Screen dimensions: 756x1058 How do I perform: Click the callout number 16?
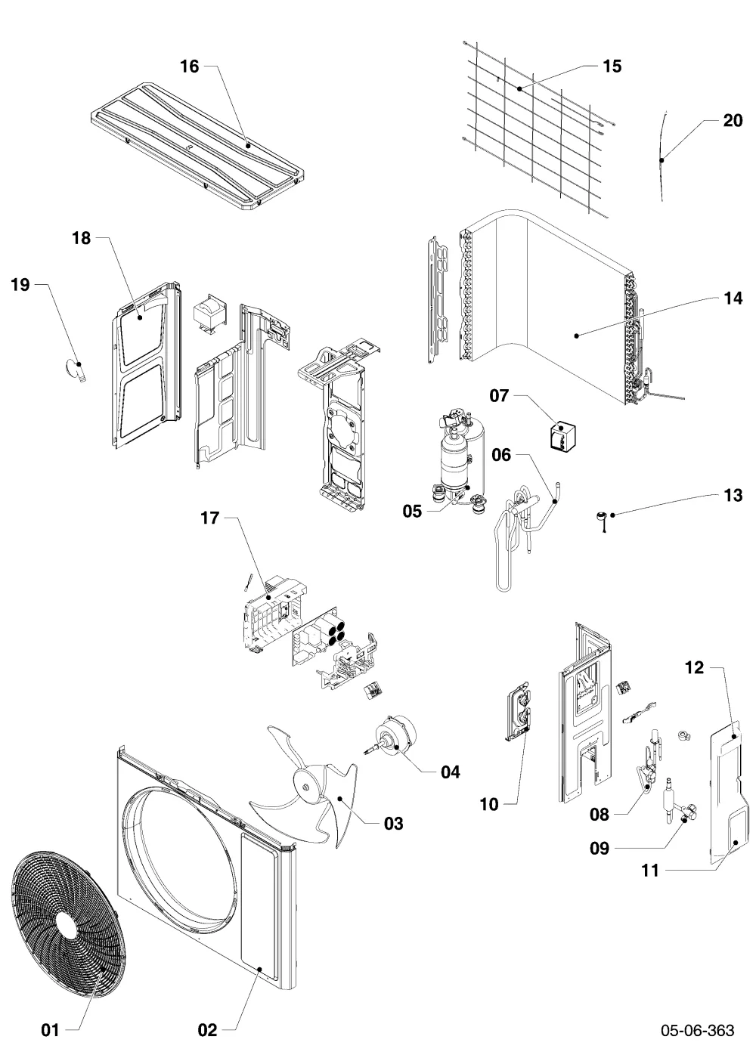pos(189,67)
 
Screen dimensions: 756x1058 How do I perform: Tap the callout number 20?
pos(733,121)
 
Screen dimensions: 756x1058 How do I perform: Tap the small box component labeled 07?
pos(562,436)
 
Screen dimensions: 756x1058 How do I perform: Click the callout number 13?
pos(733,495)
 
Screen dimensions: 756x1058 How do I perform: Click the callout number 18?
pos(82,238)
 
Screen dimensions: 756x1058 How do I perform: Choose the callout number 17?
pos(210,518)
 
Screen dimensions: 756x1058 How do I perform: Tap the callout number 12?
pos(694,667)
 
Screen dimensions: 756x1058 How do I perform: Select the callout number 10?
pos(489,804)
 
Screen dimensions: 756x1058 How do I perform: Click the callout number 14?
pos(733,299)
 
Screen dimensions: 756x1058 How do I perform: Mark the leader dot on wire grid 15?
pos(519,88)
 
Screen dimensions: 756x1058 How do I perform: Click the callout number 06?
pos(501,455)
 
